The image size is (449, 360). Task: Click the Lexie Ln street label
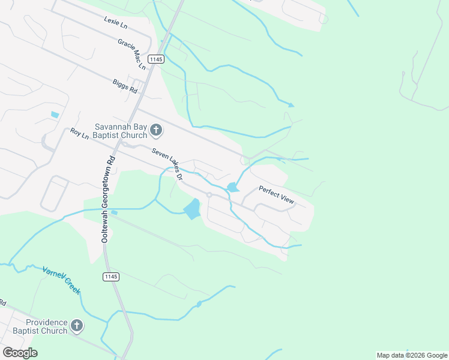115,23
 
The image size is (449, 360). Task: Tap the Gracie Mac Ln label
132,53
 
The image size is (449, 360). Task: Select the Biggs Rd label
125,86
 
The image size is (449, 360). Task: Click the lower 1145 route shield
110,277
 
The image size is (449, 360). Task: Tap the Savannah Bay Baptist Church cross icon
155,130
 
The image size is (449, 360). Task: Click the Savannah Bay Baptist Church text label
121,131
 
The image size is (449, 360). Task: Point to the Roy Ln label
79,134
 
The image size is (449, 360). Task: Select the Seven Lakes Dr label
167,164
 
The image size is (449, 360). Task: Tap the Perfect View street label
276,194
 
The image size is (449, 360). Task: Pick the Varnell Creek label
61,280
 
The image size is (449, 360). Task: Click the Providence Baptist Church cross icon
76,326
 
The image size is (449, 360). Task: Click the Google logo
20,353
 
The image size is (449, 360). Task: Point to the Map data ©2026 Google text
411,355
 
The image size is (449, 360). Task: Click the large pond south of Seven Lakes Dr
191,209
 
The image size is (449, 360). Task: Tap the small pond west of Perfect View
232,188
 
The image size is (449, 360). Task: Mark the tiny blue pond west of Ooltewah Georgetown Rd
55,115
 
